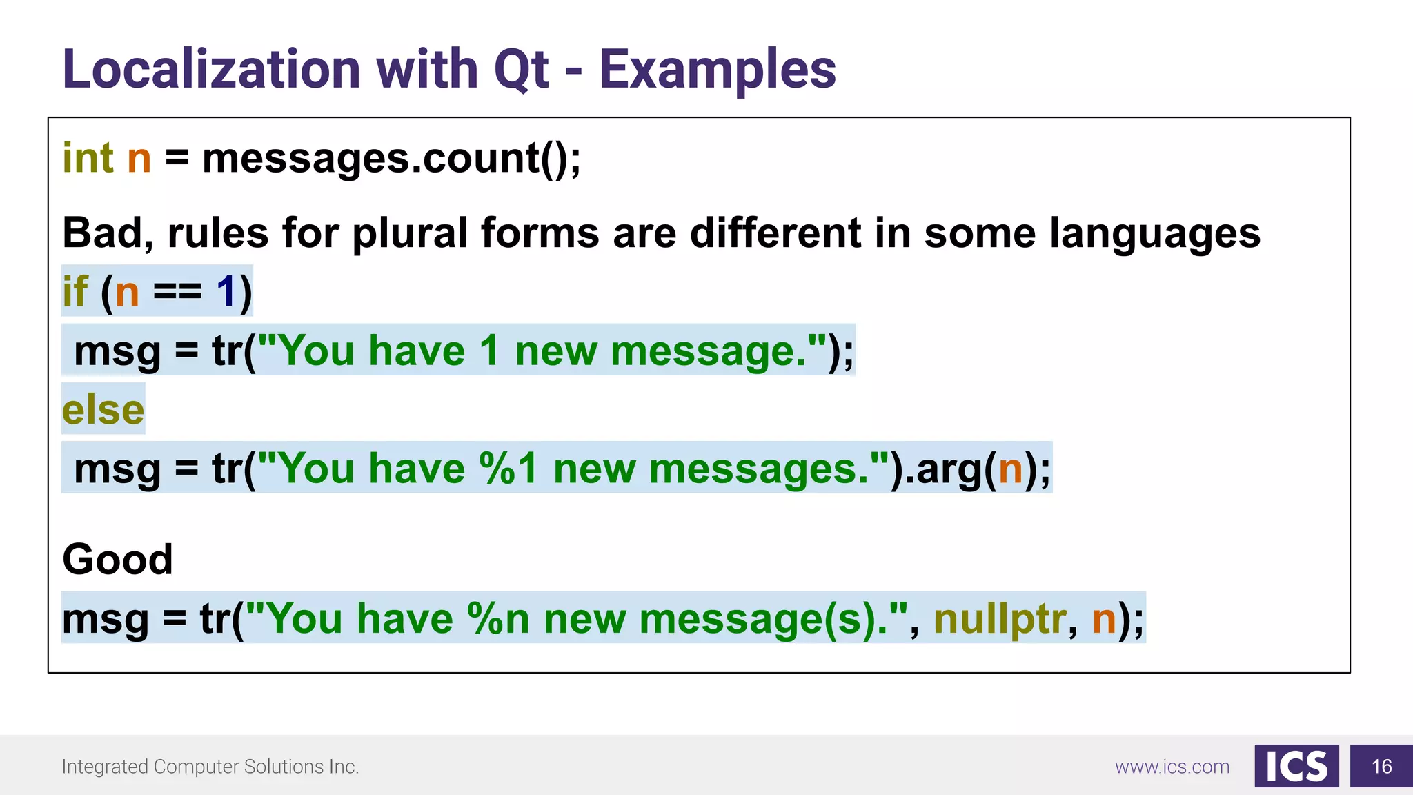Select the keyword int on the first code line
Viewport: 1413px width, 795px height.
click(88, 158)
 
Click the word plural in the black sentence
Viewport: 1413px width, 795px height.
click(410, 233)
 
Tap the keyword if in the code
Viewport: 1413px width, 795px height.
click(75, 291)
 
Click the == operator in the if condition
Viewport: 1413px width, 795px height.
click(177, 291)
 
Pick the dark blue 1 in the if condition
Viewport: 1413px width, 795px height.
click(226, 291)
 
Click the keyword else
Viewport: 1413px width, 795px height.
click(103, 409)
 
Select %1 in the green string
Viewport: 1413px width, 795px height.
click(508, 469)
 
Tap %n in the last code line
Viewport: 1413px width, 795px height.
click(497, 618)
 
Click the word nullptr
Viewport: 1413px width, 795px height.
click(1000, 618)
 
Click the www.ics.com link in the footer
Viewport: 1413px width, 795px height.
click(1172, 767)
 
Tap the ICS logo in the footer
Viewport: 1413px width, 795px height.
click(1296, 766)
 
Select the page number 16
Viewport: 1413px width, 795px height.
click(1381, 766)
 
